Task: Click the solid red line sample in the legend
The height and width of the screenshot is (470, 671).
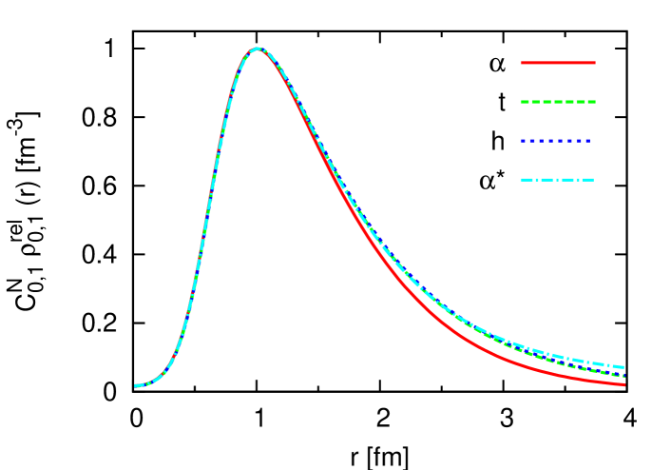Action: pos(558,63)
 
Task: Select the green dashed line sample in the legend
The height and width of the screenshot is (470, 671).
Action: pos(558,102)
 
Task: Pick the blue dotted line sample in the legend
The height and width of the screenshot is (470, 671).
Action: pos(556,141)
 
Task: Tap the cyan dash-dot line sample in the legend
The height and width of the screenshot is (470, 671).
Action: pos(557,180)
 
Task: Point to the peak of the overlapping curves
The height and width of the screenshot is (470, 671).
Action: pos(258,49)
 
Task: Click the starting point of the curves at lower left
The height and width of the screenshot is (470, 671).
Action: pos(137,385)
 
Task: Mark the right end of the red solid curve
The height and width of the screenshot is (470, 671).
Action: pos(623,384)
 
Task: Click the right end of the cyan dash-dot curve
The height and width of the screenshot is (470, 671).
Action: pos(623,366)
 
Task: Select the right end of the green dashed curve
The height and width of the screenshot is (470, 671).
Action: pos(623,376)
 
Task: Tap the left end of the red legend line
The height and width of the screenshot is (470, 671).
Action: pos(522,63)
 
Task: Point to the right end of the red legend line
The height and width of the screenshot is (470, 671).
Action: pos(594,63)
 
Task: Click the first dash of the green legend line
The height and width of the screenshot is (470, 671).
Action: pos(525,102)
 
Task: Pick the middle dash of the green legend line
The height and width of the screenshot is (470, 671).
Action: pos(558,102)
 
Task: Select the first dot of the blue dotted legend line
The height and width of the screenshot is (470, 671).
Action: pos(523,141)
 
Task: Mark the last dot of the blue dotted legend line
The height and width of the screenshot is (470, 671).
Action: pos(588,141)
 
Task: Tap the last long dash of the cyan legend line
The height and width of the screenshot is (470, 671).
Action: pos(585,180)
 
